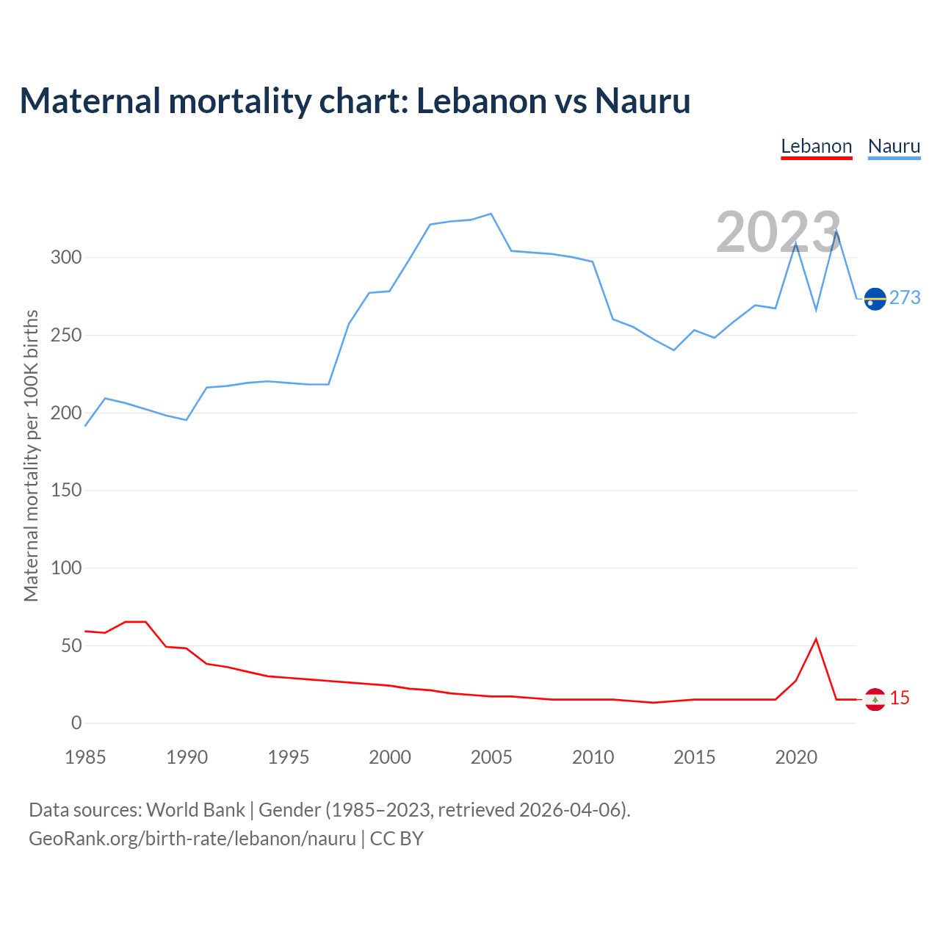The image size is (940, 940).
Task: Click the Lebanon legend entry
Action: point(816,146)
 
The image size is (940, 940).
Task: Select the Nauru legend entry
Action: point(894,146)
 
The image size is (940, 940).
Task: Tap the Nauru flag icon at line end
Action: point(875,299)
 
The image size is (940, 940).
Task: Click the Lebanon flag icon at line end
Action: point(875,699)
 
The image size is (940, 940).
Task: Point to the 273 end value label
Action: point(905,297)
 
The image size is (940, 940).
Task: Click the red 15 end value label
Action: point(900,698)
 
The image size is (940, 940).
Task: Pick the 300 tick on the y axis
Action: point(66,258)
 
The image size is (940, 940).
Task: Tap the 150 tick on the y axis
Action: point(66,491)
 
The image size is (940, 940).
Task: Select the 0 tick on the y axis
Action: point(76,723)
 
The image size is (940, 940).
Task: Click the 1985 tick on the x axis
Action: point(85,757)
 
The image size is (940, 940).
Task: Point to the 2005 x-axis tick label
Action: point(491,757)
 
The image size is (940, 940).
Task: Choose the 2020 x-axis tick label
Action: point(796,757)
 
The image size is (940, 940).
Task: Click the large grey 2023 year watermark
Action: point(778,232)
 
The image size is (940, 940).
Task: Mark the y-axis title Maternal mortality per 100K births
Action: point(31,455)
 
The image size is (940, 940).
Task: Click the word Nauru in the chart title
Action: point(643,101)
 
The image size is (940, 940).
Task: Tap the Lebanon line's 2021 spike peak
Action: point(816,639)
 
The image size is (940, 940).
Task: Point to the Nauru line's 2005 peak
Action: point(491,214)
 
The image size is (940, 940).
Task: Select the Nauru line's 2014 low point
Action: point(673,350)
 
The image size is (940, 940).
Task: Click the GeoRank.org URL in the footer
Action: point(192,838)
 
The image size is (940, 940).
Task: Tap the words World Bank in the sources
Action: point(195,809)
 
